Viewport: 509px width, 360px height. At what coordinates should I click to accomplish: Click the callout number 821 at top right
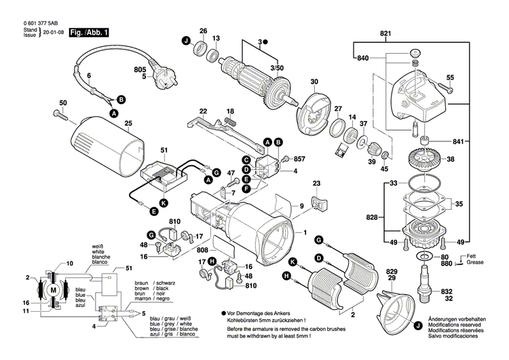(386, 33)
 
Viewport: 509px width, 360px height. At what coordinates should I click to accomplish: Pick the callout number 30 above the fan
(314, 82)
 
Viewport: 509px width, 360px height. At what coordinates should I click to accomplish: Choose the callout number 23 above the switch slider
(316, 183)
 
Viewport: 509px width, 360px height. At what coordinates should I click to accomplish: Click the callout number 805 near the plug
(140, 69)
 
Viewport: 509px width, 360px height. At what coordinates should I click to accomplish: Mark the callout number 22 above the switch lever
(203, 111)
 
